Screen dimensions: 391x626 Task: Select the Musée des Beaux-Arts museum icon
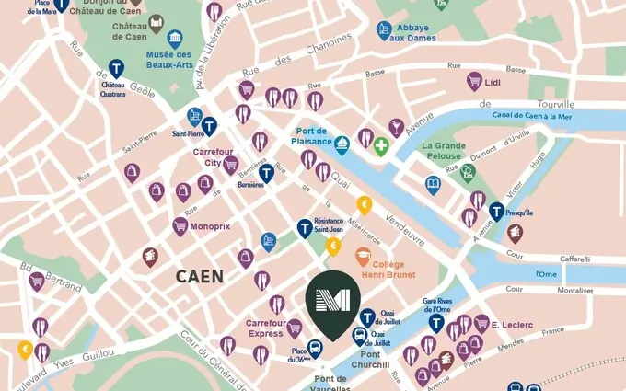(x=174, y=39)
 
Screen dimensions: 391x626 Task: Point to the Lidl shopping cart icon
(x=474, y=81)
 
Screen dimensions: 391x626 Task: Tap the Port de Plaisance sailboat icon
(x=342, y=144)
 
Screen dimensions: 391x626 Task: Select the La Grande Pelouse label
(x=444, y=152)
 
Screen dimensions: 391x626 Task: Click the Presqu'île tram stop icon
(x=497, y=212)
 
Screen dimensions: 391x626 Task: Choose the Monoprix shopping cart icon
(x=180, y=226)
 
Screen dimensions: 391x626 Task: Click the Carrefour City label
(x=212, y=157)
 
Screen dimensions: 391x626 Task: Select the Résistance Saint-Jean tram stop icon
(x=305, y=228)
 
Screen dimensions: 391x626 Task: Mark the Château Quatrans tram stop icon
(x=116, y=68)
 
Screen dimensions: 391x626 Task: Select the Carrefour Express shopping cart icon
(x=295, y=328)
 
